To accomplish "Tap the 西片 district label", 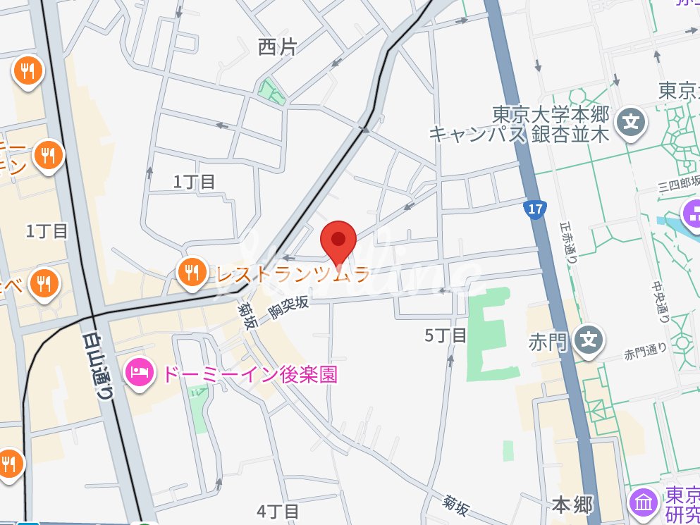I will tap(277, 47).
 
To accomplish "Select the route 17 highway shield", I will tap(535, 209).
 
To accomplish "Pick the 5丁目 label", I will tap(446, 335).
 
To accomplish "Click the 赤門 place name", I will tap(547, 343).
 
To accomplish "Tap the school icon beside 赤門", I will tap(588, 340).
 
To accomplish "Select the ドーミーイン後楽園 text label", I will tap(250, 373).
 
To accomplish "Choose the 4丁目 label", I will tap(278, 511).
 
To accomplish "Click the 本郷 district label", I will tap(572, 505).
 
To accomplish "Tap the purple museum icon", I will tap(644, 502).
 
